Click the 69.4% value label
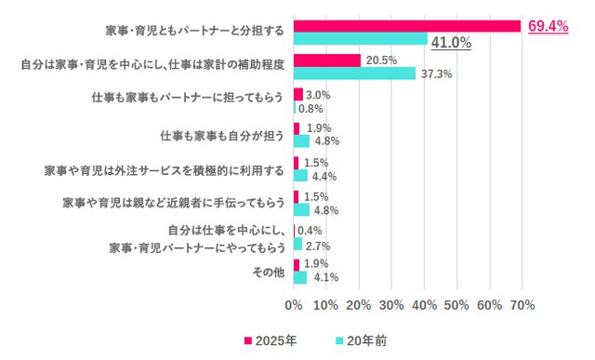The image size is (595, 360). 548,27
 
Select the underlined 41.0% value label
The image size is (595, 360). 451,43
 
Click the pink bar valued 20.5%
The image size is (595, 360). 327,60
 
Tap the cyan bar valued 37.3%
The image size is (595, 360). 354,73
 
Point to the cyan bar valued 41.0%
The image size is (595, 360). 361,39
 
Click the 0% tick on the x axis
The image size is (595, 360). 294,304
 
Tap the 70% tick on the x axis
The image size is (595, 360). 522,304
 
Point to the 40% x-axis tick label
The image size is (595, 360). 424,304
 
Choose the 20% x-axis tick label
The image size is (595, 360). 359,304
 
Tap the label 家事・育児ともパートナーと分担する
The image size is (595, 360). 195,33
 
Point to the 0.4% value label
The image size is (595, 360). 311,231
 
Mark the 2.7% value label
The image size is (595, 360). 319,247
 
